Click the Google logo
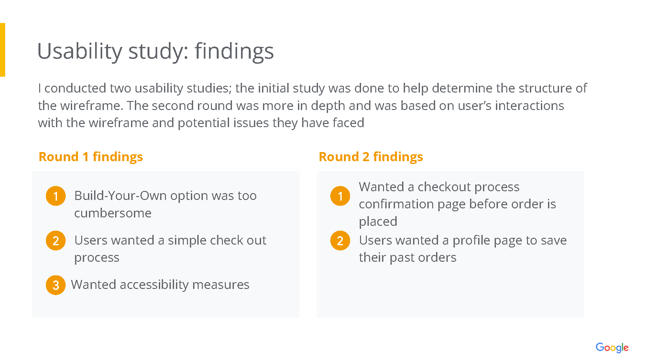(x=612, y=348)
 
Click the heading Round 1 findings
(x=91, y=157)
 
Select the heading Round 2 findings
(x=371, y=157)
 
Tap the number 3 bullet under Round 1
(x=56, y=285)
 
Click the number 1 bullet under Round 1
(x=56, y=196)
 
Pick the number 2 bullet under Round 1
(x=56, y=240)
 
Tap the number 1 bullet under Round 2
(x=340, y=196)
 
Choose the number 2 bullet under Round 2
(x=340, y=240)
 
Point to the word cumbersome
(x=113, y=213)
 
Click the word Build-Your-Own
(x=120, y=196)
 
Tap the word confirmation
(x=396, y=204)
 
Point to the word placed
(x=378, y=222)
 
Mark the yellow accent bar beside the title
(x=3, y=50)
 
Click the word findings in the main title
(x=234, y=51)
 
